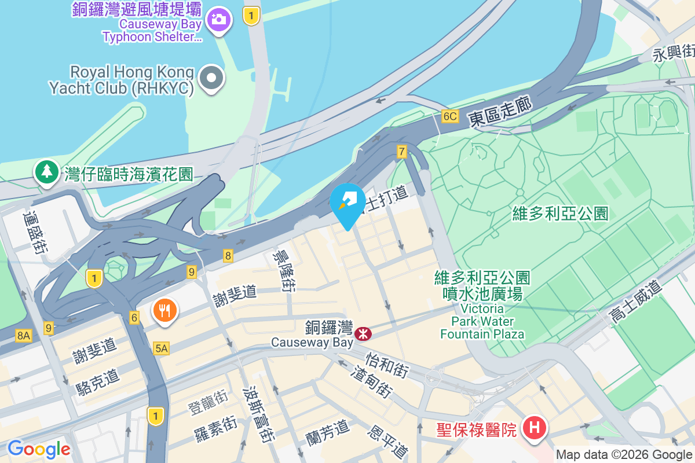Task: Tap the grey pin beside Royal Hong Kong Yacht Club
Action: (212, 79)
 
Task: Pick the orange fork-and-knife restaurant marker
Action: (165, 311)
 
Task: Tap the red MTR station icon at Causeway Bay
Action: (364, 333)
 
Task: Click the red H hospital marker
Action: (534, 429)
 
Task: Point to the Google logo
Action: (39, 449)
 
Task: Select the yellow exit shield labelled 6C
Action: (450, 116)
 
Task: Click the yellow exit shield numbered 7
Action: (402, 152)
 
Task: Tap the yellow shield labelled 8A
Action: (23, 335)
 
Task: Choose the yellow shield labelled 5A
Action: (162, 348)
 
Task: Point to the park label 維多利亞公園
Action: (560, 214)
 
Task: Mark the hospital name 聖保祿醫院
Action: (477, 430)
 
